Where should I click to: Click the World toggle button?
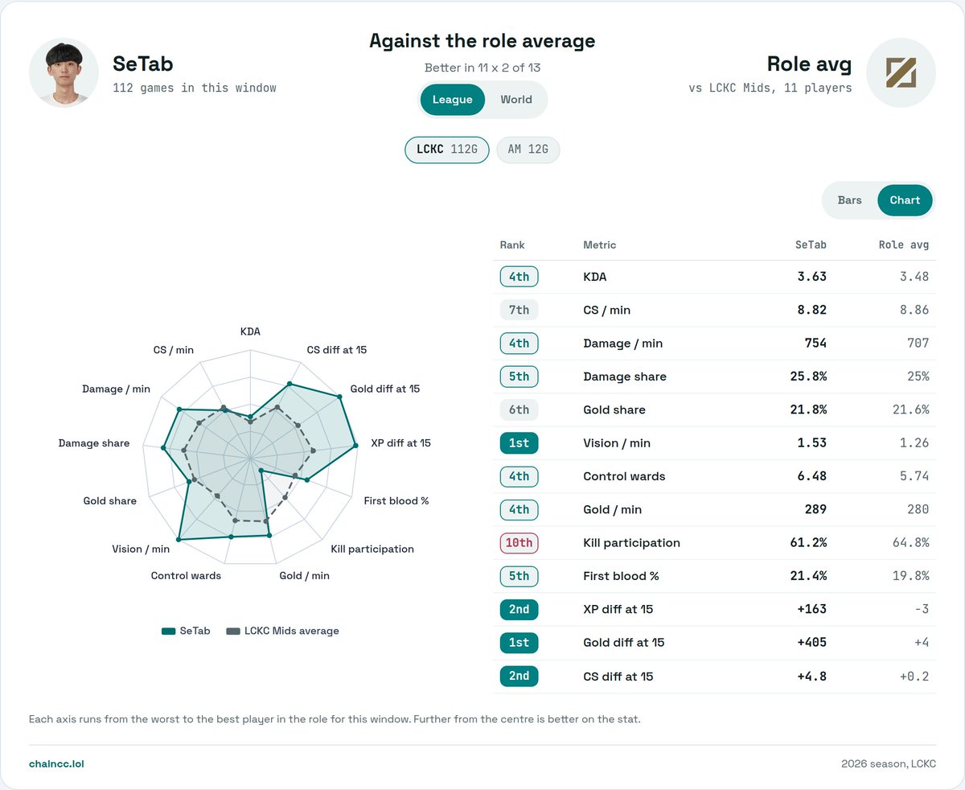click(515, 99)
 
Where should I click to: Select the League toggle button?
click(452, 99)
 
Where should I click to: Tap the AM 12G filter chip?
click(528, 149)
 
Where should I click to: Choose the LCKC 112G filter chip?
click(446, 149)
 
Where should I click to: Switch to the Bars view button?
click(849, 200)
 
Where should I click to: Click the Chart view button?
click(905, 200)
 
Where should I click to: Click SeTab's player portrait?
click(64, 72)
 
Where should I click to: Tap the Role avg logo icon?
click(901, 72)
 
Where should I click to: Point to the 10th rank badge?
click(519, 543)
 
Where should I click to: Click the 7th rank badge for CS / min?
click(519, 310)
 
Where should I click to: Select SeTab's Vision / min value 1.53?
click(811, 442)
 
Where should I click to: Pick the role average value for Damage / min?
click(918, 343)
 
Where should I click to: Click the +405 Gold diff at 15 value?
click(811, 642)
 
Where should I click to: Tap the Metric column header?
click(599, 245)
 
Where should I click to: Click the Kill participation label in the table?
click(631, 543)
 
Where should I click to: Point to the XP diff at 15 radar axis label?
click(400, 443)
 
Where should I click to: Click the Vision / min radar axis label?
click(141, 549)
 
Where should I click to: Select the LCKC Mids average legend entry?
click(283, 631)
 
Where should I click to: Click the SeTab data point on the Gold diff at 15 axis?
click(339, 397)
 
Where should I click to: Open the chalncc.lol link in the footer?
click(56, 763)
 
